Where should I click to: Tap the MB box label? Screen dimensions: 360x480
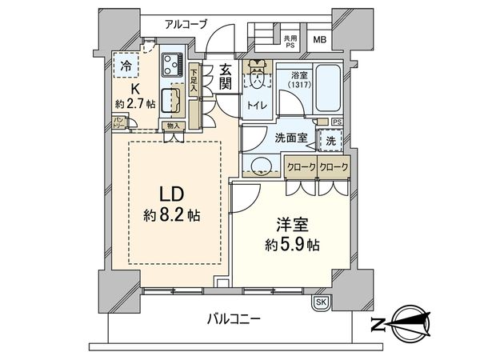pos(318,41)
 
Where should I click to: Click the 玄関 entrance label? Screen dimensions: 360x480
pos(225,78)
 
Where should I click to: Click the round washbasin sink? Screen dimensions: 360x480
pos(258,166)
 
